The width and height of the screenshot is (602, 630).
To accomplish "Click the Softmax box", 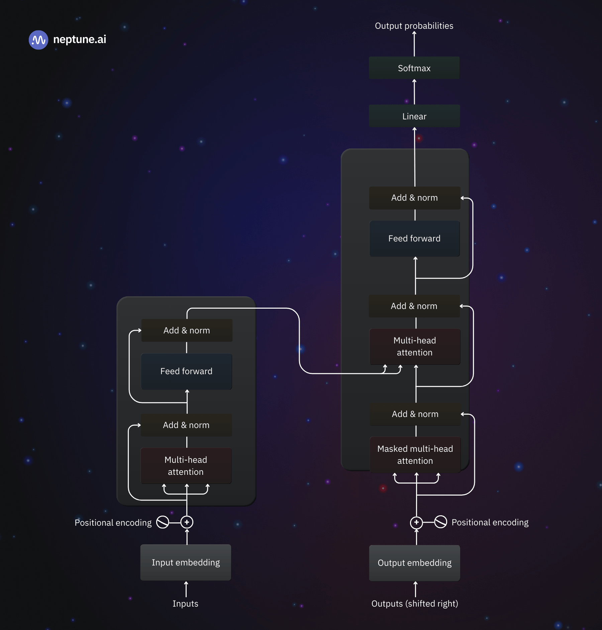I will click(414, 68).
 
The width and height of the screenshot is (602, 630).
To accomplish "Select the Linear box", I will click(414, 116).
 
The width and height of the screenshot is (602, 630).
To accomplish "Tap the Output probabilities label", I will click(414, 26).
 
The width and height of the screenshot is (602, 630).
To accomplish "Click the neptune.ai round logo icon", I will click(38, 40).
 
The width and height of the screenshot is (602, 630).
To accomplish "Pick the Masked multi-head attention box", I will click(415, 454).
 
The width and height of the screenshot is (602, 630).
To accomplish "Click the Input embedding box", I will click(186, 562).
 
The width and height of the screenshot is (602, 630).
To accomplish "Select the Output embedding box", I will click(414, 563).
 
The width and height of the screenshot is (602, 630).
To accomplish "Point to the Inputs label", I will click(185, 604).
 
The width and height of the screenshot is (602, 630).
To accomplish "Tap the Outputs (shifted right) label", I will click(415, 604).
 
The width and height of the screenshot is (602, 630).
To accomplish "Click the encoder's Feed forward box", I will click(186, 371).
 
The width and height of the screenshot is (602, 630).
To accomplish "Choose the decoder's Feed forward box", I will click(414, 238).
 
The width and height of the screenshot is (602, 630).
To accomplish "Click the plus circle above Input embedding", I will click(187, 522).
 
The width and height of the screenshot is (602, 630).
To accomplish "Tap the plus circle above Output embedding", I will click(416, 522).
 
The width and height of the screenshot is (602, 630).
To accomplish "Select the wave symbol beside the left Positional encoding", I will click(163, 522).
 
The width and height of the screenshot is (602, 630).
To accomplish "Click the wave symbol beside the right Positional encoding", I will click(440, 522).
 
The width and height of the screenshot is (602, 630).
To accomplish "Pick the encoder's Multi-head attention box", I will click(186, 465).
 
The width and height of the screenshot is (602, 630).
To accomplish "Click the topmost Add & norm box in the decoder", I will click(414, 198).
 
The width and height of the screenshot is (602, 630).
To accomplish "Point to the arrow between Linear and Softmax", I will click(414, 92).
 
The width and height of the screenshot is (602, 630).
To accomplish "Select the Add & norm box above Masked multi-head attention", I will click(415, 414).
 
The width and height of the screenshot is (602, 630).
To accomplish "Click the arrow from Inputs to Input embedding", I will click(186, 589).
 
